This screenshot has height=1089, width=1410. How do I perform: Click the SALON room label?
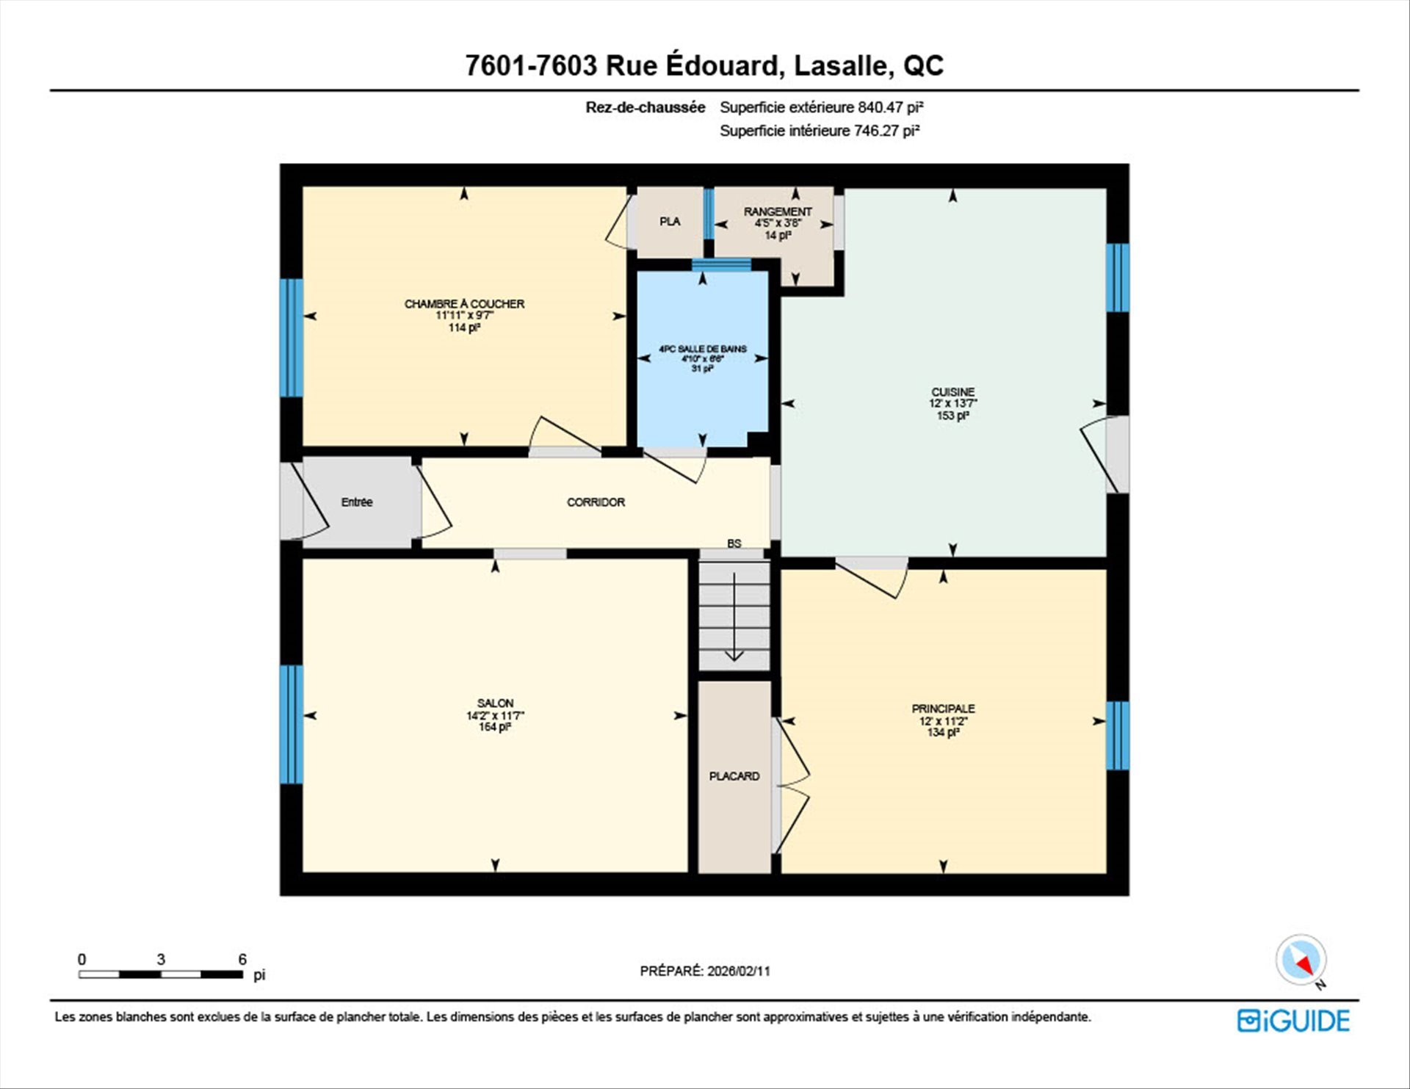[x=495, y=703]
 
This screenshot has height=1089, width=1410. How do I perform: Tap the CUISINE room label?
[x=952, y=392]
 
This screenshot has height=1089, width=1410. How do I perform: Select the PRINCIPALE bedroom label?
[x=943, y=709]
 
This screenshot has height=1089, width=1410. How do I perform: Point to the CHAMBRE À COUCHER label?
[x=464, y=304]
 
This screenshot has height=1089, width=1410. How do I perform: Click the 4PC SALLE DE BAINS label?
[x=702, y=349]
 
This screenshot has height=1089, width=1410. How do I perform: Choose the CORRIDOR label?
[x=596, y=502]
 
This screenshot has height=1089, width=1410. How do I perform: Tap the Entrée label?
[x=357, y=502]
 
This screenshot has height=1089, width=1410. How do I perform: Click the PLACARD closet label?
[x=734, y=776]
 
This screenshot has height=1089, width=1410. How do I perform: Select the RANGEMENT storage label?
[x=778, y=211]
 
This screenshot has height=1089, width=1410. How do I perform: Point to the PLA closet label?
[x=670, y=221]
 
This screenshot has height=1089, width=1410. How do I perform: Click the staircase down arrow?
[x=734, y=618]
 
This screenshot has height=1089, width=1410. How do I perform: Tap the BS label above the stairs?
[x=734, y=543]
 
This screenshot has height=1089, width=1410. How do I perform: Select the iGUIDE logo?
[x=1293, y=1021]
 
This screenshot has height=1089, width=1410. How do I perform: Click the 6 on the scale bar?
[x=242, y=959]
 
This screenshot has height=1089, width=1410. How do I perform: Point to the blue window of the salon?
[x=292, y=724]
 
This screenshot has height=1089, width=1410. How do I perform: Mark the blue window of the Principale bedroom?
[x=1118, y=736]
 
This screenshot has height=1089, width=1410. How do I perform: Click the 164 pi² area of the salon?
[x=495, y=727]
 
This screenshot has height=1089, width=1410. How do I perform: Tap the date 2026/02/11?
[x=739, y=971]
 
